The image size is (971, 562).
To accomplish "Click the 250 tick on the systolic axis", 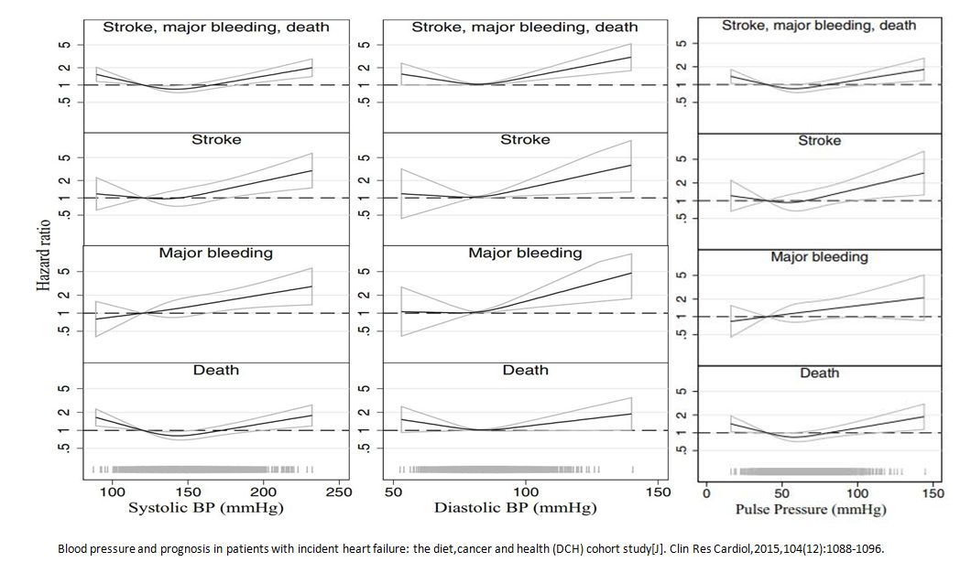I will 339,492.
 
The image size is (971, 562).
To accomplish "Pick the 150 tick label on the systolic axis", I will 188,492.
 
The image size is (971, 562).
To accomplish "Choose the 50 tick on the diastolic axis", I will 394,492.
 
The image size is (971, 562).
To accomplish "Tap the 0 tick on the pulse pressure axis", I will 706,493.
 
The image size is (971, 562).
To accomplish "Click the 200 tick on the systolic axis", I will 264,492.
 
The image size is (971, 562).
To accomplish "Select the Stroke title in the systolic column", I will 216,140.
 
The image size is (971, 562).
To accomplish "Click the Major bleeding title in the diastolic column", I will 525,253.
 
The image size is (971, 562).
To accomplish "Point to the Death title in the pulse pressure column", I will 819,373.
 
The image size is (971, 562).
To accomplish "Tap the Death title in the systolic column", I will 216,370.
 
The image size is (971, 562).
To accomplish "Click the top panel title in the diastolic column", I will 525,27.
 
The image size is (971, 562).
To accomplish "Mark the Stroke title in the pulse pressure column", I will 819,142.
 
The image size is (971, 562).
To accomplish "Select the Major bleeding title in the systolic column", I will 216,253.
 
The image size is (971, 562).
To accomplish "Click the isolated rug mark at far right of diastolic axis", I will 631,470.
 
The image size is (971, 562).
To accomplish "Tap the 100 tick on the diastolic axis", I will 526,492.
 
